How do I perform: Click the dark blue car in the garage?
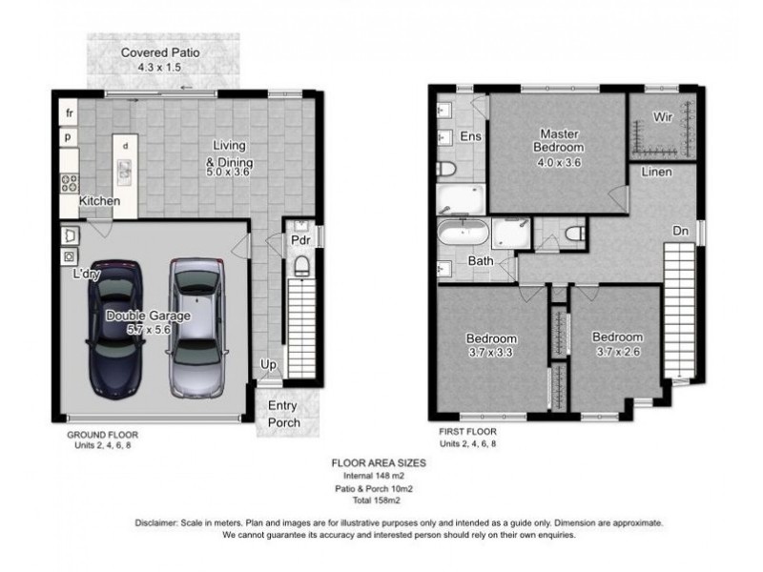click(115, 330)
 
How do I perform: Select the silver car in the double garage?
click(197, 328)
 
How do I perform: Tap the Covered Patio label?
click(160, 52)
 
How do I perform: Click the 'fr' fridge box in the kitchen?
click(69, 112)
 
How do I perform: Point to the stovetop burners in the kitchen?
click(69, 183)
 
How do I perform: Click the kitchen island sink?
click(125, 171)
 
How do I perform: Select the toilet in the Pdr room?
click(301, 266)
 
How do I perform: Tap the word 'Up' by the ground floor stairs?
click(268, 364)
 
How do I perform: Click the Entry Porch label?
click(283, 414)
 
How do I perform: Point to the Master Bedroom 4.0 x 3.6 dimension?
click(559, 162)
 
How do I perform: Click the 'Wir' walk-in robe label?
click(662, 116)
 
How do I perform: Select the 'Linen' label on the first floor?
click(656, 172)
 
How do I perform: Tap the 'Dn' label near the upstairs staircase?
click(680, 231)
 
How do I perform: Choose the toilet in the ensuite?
click(445, 169)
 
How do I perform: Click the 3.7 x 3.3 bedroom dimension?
click(490, 352)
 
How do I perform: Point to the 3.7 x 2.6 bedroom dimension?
click(618, 351)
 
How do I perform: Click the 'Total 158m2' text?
click(376, 500)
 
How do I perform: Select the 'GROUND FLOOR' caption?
click(103, 435)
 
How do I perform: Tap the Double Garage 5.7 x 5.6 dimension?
click(149, 329)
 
